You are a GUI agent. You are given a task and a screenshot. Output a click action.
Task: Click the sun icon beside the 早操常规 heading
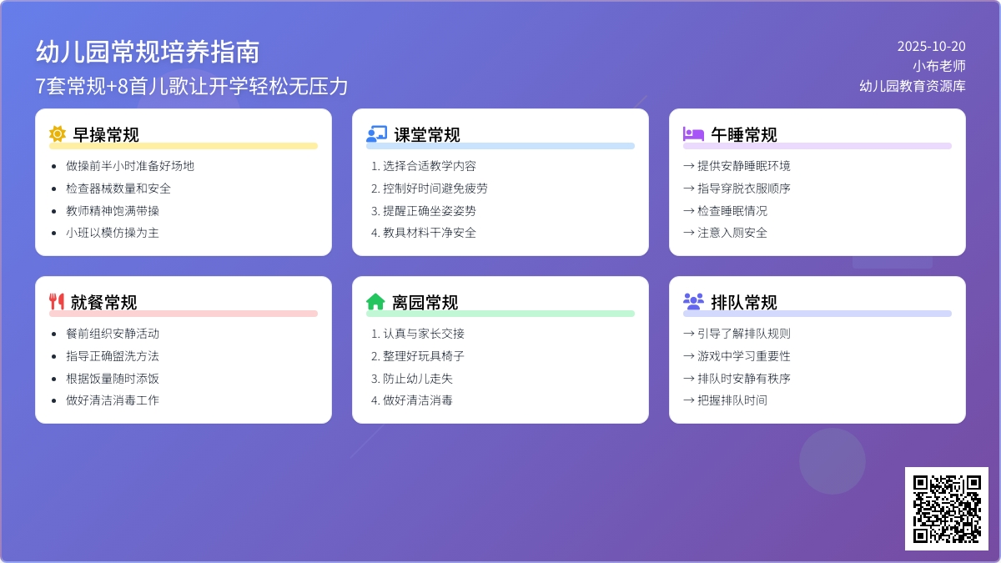click(58, 134)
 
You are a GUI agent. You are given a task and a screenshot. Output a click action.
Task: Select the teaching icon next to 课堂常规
click(377, 134)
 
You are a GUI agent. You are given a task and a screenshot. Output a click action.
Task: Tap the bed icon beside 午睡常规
click(693, 134)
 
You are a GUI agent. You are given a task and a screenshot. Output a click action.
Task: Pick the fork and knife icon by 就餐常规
click(57, 302)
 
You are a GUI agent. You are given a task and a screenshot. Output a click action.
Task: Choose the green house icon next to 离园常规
click(375, 302)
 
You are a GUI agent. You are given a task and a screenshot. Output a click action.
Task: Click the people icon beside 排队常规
click(693, 302)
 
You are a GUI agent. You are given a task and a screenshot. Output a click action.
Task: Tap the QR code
click(947, 509)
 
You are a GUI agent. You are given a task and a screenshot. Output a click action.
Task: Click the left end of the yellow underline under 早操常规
click(50, 146)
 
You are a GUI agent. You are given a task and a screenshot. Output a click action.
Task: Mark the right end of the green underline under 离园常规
click(634, 314)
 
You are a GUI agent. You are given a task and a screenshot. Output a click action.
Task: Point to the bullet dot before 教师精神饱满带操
click(54, 211)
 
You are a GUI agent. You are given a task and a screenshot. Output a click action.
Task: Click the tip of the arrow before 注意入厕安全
click(694, 233)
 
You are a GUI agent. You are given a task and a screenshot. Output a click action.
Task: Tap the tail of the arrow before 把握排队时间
click(684, 400)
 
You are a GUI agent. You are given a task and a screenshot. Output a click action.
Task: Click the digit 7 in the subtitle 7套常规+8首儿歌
click(40, 86)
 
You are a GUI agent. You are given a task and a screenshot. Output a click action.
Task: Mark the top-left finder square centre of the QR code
click(921, 483)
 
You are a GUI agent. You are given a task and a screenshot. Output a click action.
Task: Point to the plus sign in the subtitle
click(112, 87)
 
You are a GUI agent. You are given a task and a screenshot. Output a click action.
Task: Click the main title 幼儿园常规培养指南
click(148, 52)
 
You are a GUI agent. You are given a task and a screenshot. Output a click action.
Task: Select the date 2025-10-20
click(931, 46)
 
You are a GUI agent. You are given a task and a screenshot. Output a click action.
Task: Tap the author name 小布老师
click(939, 66)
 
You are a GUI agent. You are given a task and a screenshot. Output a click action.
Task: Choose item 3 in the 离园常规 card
click(412, 379)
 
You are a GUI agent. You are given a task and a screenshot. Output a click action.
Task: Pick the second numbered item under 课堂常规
click(430, 189)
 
